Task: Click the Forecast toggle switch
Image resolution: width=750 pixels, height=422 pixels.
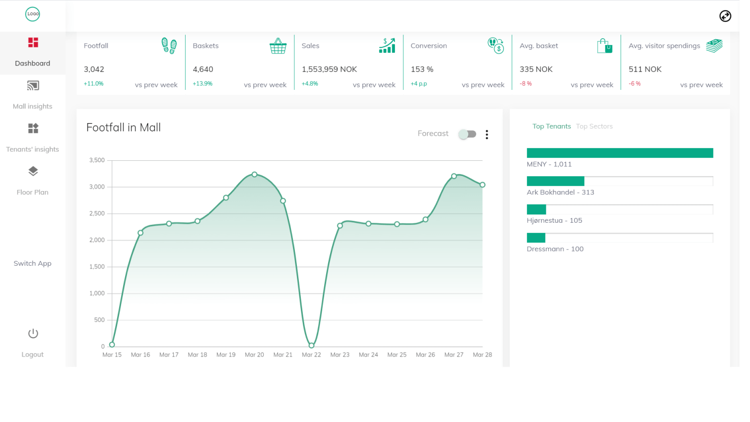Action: click(467, 134)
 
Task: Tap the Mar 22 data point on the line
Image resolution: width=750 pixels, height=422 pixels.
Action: click(312, 345)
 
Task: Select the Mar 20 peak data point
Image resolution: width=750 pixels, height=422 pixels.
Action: click(254, 174)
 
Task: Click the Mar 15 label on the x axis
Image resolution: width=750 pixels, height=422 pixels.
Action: click(112, 355)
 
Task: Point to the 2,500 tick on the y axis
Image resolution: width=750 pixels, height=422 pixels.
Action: click(97, 213)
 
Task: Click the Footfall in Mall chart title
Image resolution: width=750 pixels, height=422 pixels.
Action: click(124, 127)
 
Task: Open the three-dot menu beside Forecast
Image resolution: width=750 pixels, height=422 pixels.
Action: click(487, 135)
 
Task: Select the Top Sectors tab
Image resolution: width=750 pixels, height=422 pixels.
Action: click(594, 127)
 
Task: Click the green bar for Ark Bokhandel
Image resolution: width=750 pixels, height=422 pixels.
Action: click(556, 181)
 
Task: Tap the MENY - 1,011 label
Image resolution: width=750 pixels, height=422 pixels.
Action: click(549, 164)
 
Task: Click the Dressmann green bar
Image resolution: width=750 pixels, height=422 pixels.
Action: click(536, 238)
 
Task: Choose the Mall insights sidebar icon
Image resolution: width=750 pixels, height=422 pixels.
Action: click(33, 86)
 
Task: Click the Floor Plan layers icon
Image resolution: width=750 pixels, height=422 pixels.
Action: click(33, 171)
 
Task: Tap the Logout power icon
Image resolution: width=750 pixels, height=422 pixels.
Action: click(33, 334)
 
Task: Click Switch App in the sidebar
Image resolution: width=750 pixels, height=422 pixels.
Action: click(32, 263)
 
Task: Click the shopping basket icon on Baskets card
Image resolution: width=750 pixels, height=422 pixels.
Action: click(278, 46)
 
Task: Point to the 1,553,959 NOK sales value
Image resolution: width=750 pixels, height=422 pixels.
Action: click(329, 69)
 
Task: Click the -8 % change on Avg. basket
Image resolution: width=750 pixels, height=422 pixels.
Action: click(525, 84)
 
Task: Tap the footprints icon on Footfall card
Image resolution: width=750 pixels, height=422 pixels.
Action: click(169, 45)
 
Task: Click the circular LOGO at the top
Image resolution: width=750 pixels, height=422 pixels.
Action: click(33, 14)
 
